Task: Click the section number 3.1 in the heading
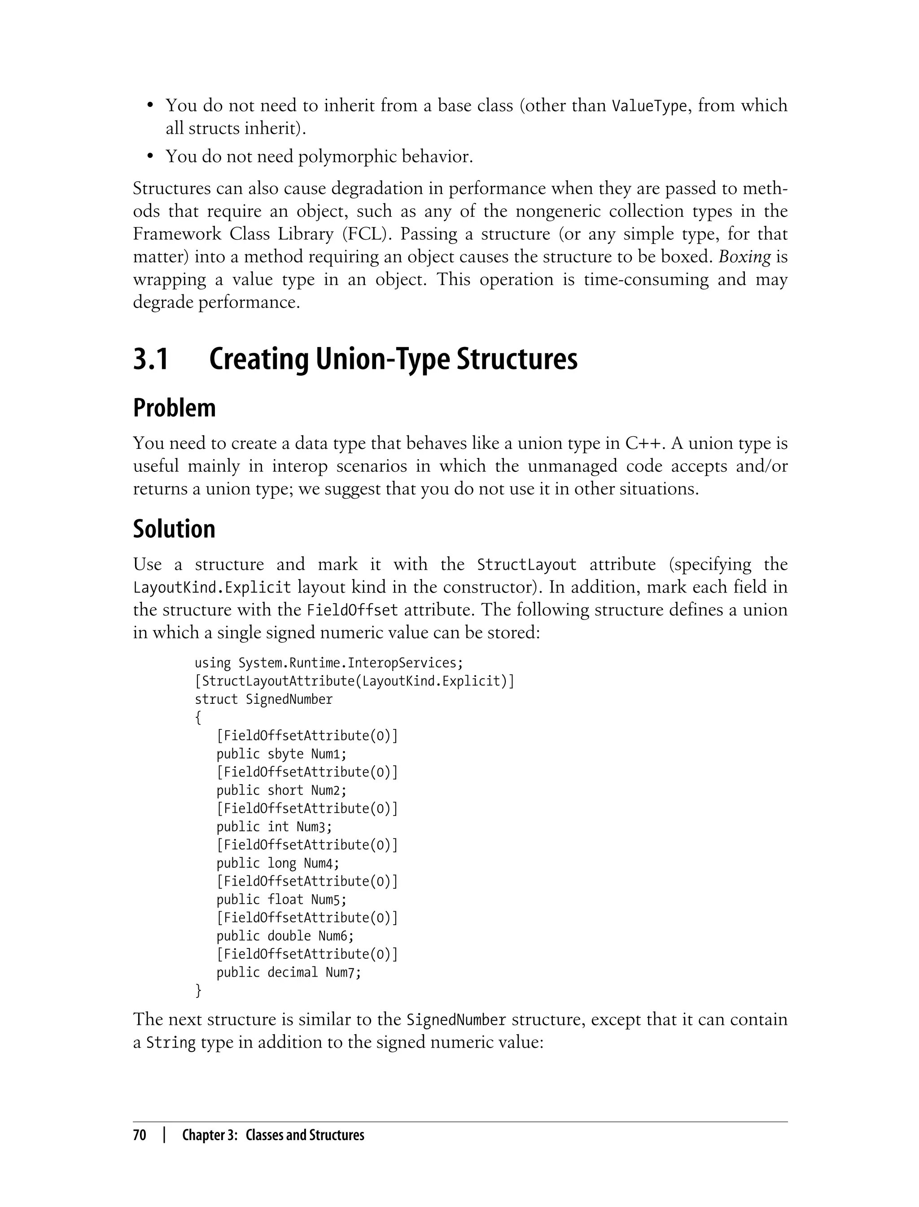[150, 360]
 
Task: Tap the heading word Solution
[174, 530]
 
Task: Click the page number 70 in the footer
[140, 1135]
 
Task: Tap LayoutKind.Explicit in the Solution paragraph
[212, 588]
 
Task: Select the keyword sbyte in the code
[285, 755]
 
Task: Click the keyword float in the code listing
[285, 900]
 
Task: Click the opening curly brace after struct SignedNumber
[198, 718]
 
